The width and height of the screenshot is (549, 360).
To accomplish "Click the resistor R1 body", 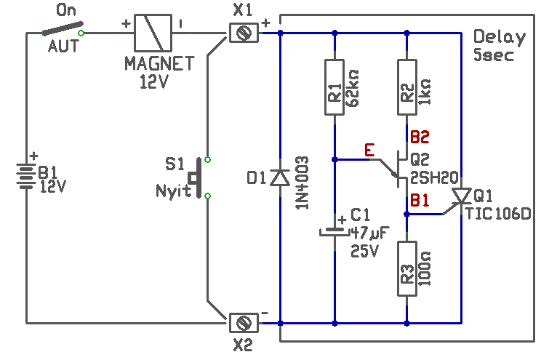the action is pos(334,87).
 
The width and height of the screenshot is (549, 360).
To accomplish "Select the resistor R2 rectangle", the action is pos(407,87).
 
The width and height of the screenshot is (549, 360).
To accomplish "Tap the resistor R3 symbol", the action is pos(407,268).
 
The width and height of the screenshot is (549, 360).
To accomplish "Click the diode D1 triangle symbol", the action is pos(280,177).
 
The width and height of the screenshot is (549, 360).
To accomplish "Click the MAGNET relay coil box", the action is pos(153,33).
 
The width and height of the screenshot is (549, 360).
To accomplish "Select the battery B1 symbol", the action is pos(26,176).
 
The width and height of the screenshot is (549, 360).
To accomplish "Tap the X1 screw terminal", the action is pos(244,33).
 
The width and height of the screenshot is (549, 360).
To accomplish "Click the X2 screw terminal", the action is pos(244,323).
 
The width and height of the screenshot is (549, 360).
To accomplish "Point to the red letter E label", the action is pos(369,150).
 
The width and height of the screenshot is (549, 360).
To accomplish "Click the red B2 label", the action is pos(420,137).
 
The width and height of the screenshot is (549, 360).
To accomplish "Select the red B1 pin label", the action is pos(420,201).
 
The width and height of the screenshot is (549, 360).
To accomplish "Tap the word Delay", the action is pos(500,37).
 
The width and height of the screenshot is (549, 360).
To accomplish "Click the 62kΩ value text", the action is pos(353,88).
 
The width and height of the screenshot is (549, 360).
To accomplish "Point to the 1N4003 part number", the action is pos(302,183).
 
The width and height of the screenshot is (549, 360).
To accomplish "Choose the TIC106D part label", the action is pos(499,214).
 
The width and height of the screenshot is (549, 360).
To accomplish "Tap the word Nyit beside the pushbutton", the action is pos(173,191).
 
